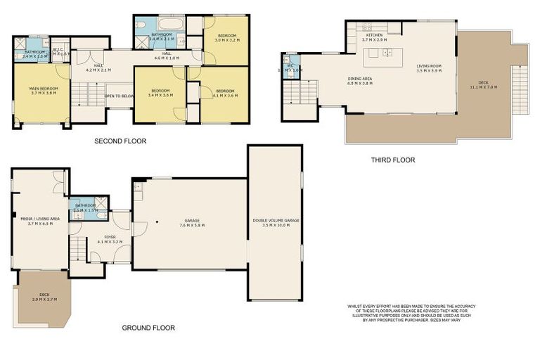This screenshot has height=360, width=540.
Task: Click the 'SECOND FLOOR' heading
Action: coord(120,141)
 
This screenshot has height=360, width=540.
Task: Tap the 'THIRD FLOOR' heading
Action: coord(393,160)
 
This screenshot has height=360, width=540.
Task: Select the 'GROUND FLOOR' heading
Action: coord(148,328)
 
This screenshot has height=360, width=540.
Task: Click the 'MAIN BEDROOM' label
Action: coord(44,88)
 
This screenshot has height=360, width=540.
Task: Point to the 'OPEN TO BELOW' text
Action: coord(120,96)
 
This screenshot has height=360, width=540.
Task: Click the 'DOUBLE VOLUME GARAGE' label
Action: coord(276,220)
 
